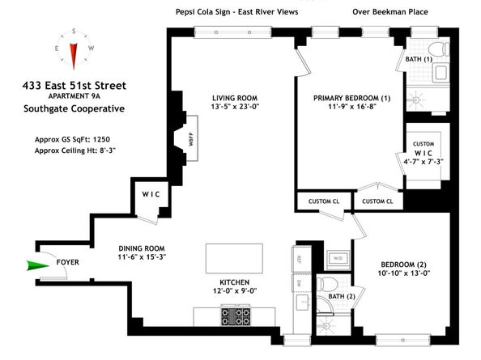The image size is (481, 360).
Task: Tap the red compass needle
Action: pos(73,53)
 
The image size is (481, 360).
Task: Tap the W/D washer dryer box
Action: pos(337,258)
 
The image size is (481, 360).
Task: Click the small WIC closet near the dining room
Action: pos(151,194)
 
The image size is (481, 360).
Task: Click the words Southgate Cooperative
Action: pos(80,109)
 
